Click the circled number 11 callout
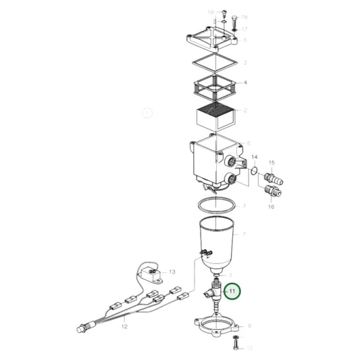click(232, 291)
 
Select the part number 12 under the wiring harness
click(124, 326)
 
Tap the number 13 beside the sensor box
click(172, 272)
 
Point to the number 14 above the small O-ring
click(255, 158)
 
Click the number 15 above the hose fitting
click(272, 163)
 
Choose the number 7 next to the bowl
click(245, 234)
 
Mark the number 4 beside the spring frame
click(245, 83)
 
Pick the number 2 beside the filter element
click(245, 110)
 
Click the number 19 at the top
click(210, 13)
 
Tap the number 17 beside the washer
click(245, 29)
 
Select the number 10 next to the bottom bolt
click(248, 349)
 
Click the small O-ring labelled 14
click(253, 172)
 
